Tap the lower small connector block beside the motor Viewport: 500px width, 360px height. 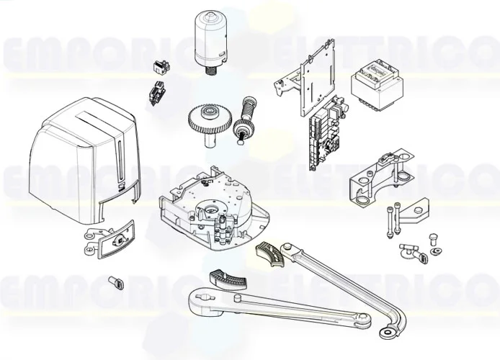tap(154, 94)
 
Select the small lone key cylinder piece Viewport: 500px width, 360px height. tap(115, 282)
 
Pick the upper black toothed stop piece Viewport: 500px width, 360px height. tap(272, 255)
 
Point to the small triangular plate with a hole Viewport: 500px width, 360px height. tap(413, 213)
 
